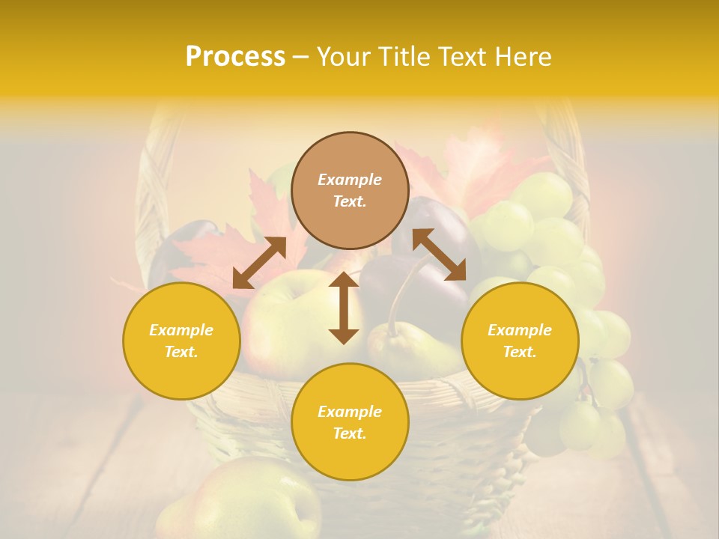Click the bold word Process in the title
(x=235, y=57)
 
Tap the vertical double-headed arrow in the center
(x=344, y=308)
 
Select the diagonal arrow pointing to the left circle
(x=259, y=263)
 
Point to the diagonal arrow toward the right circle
(x=439, y=255)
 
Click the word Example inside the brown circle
(x=350, y=180)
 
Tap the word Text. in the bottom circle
(x=350, y=433)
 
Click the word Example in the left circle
(x=181, y=330)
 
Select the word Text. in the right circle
(x=520, y=352)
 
